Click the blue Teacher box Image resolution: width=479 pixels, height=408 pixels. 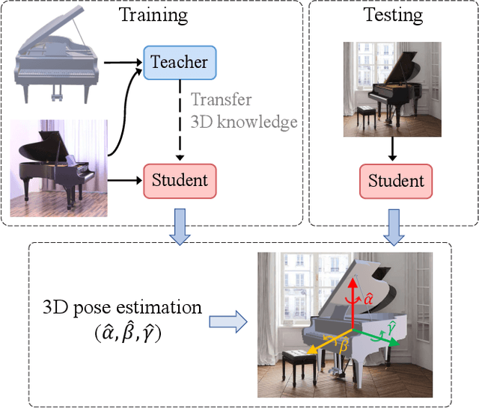pyautogui.click(x=180, y=61)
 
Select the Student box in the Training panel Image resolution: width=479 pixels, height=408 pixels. pyautogui.click(x=180, y=180)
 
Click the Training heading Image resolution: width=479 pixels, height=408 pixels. pyautogui.click(x=153, y=14)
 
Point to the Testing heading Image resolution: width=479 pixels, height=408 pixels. pyautogui.click(x=394, y=14)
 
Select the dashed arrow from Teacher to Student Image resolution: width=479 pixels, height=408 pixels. pyautogui.click(x=180, y=120)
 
